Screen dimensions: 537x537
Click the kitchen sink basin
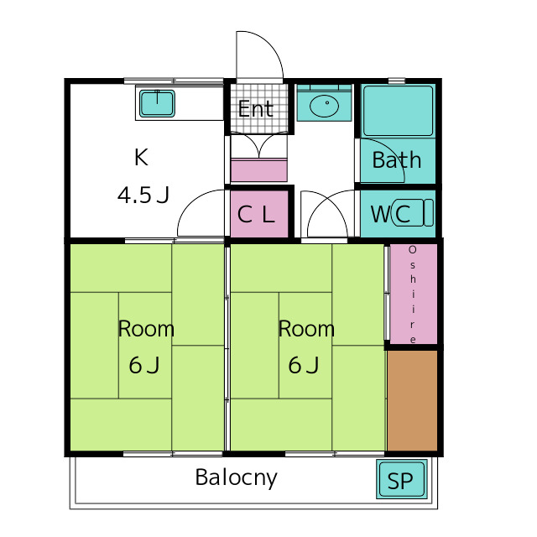tap(156, 103)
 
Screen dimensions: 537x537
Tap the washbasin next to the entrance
tap(324, 107)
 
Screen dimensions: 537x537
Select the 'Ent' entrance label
tap(255, 109)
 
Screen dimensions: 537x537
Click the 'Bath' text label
tap(396, 160)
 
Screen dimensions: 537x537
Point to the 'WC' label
tap(390, 214)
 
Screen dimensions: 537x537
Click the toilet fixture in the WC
tap(425, 213)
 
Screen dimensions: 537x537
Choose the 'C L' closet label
tap(256, 214)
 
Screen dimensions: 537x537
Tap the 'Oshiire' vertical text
tap(413, 295)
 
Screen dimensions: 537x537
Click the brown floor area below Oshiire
tap(413, 400)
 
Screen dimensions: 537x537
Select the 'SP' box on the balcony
tap(401, 482)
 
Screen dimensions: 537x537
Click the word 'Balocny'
tap(236, 478)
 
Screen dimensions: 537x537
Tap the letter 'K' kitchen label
tap(141, 156)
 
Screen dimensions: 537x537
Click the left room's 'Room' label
tap(146, 329)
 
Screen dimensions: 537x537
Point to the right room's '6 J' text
tap(304, 366)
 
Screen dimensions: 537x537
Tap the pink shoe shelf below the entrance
tap(258, 170)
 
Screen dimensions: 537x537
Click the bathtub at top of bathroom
tap(398, 110)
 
